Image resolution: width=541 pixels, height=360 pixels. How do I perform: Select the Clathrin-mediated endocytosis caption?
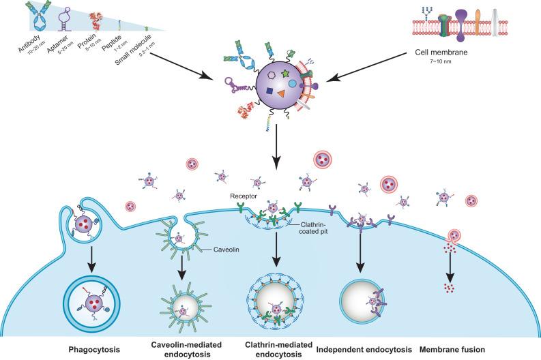click(x=278, y=348)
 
